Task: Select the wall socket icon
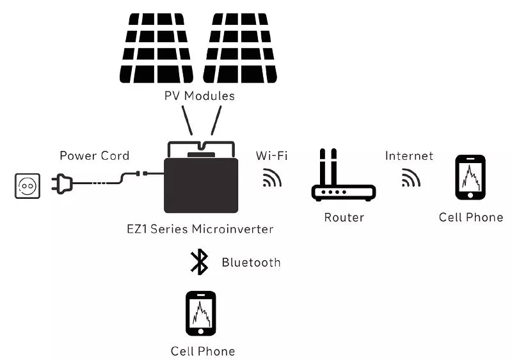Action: [x=27, y=185]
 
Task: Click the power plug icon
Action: [x=64, y=185]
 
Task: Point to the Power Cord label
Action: [x=94, y=155]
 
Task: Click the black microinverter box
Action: [x=202, y=185]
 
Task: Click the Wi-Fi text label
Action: [x=271, y=155]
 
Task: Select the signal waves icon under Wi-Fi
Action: [x=272, y=178]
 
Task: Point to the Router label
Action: [x=344, y=217]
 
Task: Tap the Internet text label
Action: [x=409, y=155]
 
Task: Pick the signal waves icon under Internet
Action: [x=410, y=178]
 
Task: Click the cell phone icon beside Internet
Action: [x=470, y=176]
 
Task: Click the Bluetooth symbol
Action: [x=200, y=262]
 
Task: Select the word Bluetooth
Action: [x=251, y=262]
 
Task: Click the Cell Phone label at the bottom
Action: [x=202, y=351]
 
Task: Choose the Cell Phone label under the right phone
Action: [x=470, y=217]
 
